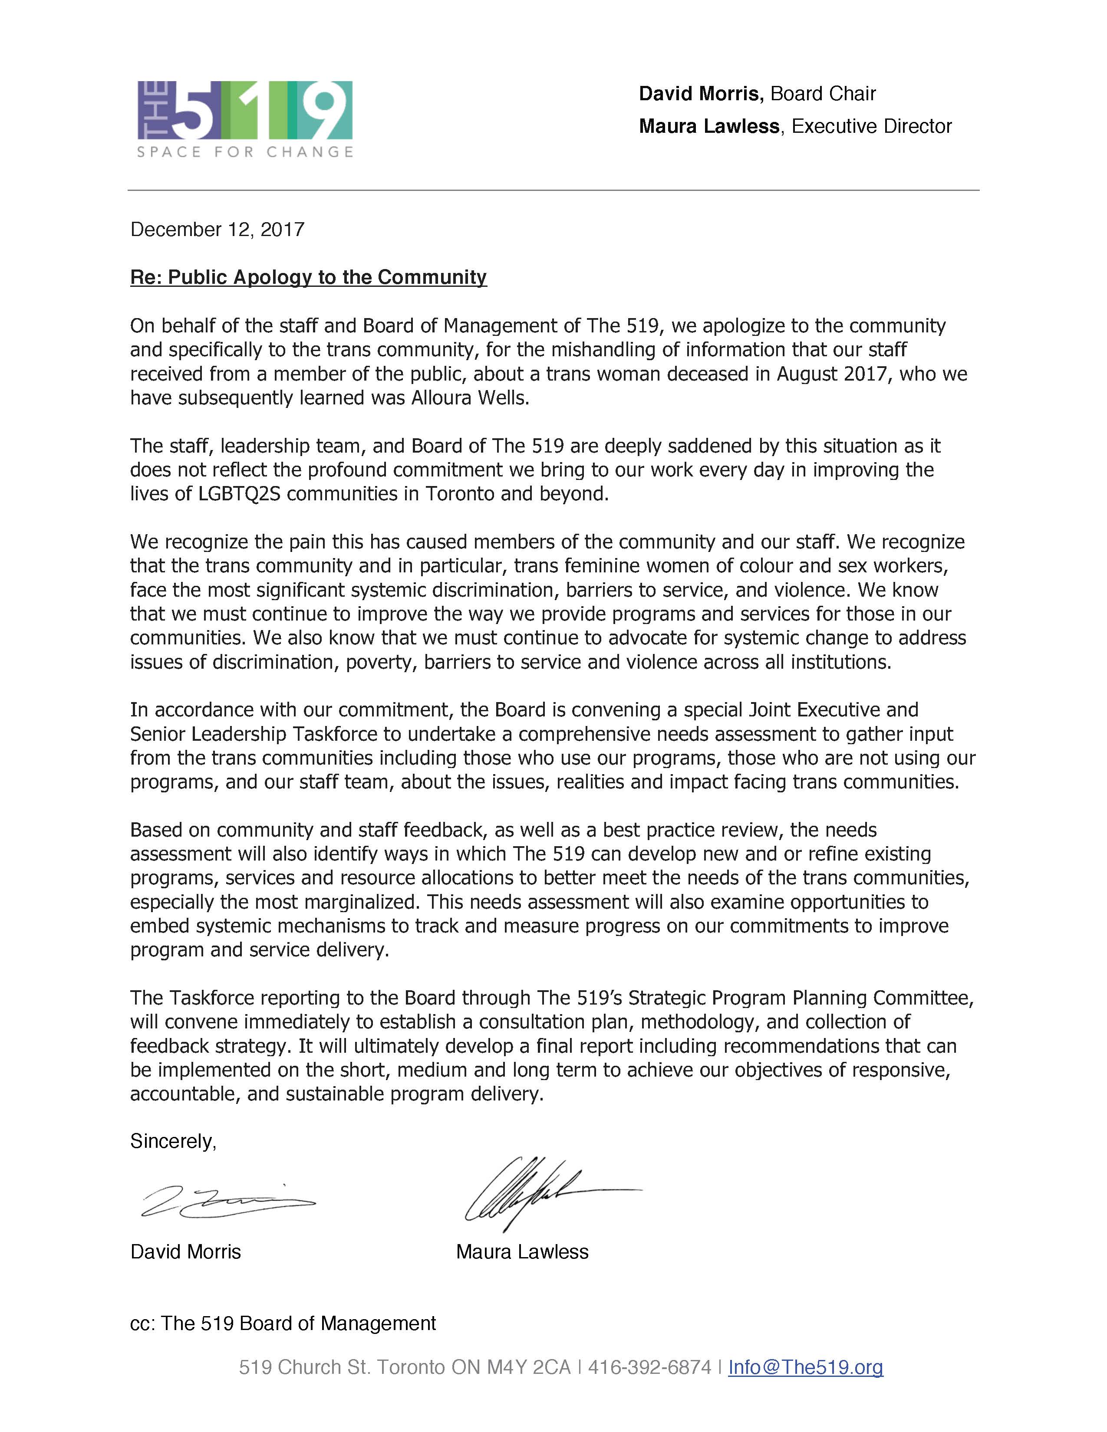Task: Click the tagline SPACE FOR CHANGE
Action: pos(244,153)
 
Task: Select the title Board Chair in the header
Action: pos(823,94)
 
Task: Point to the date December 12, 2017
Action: pos(217,230)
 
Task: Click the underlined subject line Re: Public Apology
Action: pos(308,277)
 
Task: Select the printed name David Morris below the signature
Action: pos(186,1251)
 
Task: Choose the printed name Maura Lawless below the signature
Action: pos(522,1251)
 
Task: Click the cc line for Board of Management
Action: pos(283,1323)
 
